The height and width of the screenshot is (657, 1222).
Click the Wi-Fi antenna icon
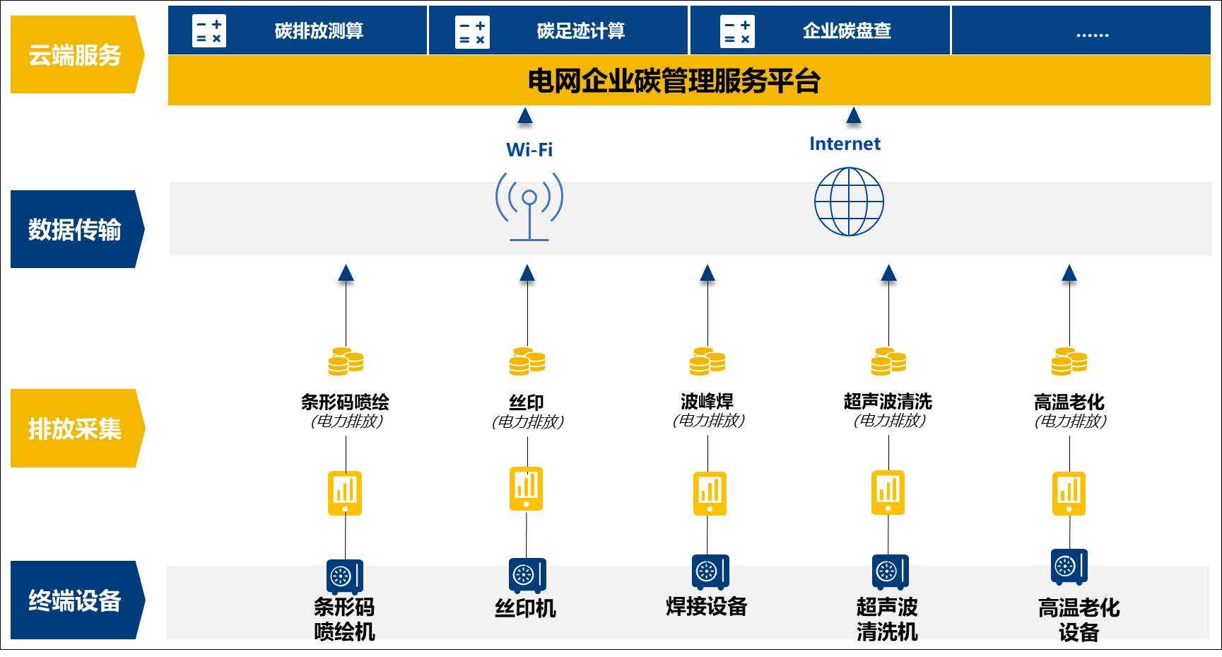[529, 205]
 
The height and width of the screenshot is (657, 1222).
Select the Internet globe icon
[849, 202]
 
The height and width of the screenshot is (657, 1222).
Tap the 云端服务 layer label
[75, 55]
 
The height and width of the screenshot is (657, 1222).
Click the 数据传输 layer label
[75, 229]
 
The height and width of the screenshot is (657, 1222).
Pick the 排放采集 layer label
[75, 429]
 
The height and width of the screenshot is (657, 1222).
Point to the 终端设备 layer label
[75, 600]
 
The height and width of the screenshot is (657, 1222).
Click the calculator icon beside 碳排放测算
[209, 31]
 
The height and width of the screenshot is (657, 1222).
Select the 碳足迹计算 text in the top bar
[580, 31]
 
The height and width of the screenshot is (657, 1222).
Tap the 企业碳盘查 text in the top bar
[846, 31]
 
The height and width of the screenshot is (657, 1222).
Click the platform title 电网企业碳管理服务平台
[674, 81]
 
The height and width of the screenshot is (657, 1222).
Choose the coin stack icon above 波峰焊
[707, 361]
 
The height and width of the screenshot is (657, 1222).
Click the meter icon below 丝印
[527, 488]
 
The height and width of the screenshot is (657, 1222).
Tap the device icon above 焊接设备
[710, 571]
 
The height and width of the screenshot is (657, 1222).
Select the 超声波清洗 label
[888, 402]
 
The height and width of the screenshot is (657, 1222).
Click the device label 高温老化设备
[1079, 619]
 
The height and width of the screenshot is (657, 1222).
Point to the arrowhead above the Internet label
[854, 115]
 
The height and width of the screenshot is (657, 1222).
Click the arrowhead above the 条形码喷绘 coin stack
[346, 273]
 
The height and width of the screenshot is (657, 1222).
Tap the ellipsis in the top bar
[1092, 33]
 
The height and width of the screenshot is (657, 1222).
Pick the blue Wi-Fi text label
[529, 150]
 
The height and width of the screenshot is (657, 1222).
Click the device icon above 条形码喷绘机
[345, 576]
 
